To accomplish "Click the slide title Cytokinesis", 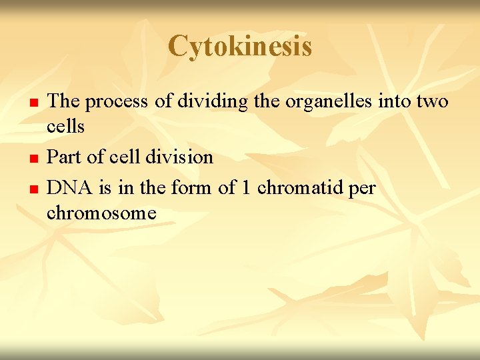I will tap(240, 46).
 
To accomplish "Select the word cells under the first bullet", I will tap(65, 126).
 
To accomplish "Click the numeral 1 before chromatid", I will tap(246, 189).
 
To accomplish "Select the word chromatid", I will tap(300, 189).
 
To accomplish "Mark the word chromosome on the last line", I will tap(101, 213).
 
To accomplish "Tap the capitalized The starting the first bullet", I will tap(65, 101).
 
